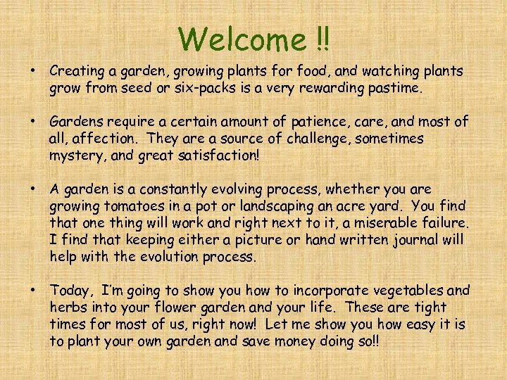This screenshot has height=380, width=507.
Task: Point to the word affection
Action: (x=106, y=139)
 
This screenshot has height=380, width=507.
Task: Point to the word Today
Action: (x=70, y=291)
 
